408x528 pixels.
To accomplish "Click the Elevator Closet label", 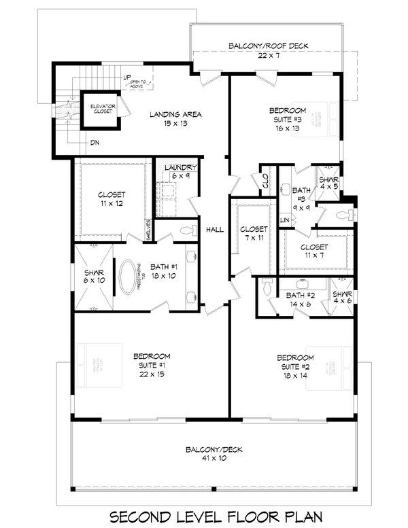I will tap(100, 109).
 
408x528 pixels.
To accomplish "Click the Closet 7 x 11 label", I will tap(254, 234).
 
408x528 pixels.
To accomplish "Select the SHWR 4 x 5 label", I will tap(328, 182).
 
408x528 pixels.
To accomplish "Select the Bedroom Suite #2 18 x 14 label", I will tap(294, 366).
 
